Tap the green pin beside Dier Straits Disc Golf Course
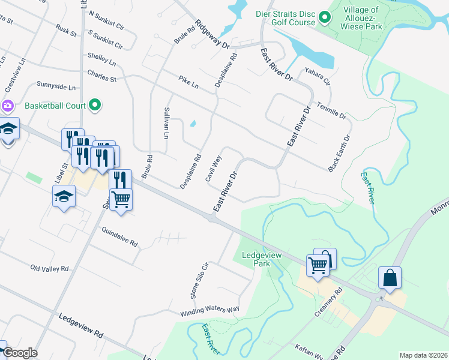tap(325, 17)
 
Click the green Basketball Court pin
tap(95, 106)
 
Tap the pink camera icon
tap(8, 106)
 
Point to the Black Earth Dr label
tap(339, 154)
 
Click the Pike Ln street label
tap(188, 82)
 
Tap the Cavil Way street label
tap(214, 169)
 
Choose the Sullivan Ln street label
tap(166, 123)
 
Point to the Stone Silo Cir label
tap(199, 280)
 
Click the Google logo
tap(20, 353)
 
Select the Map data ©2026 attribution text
tap(424, 355)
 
